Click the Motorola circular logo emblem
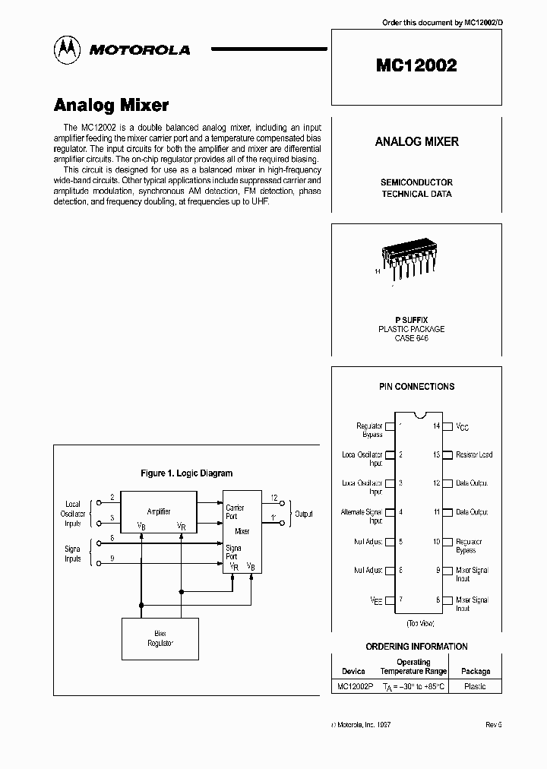(x=68, y=49)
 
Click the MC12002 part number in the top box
(x=416, y=65)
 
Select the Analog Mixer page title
(x=111, y=105)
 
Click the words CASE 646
(x=411, y=338)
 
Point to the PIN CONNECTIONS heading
(x=416, y=386)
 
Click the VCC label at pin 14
(x=462, y=427)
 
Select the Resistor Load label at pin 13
(x=474, y=454)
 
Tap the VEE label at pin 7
(x=376, y=600)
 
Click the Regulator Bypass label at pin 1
(x=369, y=430)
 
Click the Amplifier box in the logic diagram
(x=159, y=511)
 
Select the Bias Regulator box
(x=160, y=638)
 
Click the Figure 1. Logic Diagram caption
(x=187, y=473)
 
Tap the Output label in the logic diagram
(x=304, y=514)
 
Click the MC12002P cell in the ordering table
(x=354, y=685)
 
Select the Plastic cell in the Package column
(x=475, y=685)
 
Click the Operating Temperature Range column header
(x=413, y=666)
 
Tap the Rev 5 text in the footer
(x=494, y=725)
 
